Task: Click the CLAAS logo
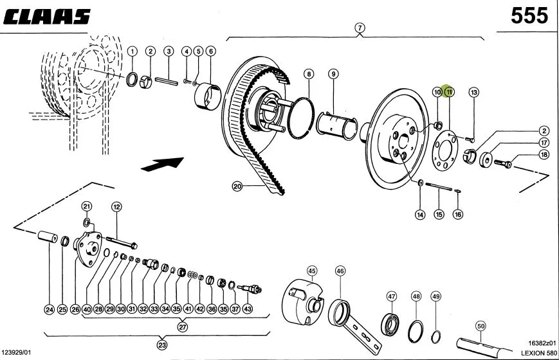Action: tap(47, 17)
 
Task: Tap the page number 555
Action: tap(529, 15)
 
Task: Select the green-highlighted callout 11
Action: tap(449, 91)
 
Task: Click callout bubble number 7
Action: tap(360, 28)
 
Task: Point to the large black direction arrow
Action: tap(163, 164)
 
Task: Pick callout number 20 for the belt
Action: tap(237, 186)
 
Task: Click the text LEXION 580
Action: tap(538, 353)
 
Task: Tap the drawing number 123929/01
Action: tap(16, 352)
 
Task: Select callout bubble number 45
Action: tap(312, 271)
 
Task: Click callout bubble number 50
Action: tap(481, 326)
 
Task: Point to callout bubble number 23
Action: tap(162, 345)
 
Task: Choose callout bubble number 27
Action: tap(183, 327)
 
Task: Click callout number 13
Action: tap(473, 93)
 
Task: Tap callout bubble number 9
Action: tap(333, 74)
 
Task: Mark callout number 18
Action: tap(544, 155)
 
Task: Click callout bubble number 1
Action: tap(133, 51)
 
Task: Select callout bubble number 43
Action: tap(248, 309)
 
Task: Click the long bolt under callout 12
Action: tap(121, 242)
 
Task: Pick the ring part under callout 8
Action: tap(301, 118)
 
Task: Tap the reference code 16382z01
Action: tap(542, 343)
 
